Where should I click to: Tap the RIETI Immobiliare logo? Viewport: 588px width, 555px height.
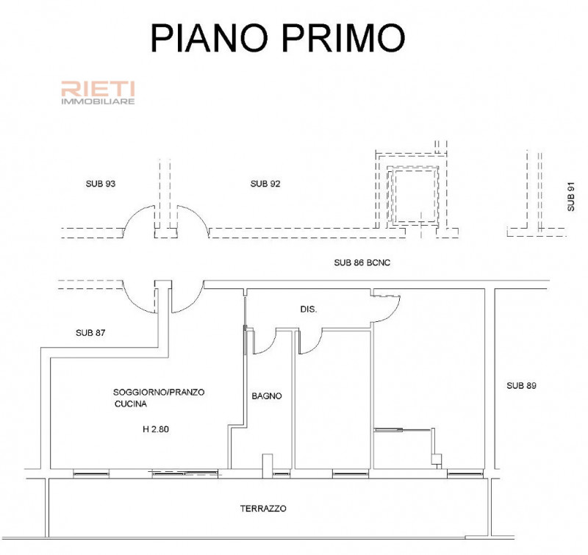97,93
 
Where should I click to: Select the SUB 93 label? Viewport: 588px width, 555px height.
101,184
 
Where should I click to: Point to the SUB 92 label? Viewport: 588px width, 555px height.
266,184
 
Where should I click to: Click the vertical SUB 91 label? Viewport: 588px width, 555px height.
570,196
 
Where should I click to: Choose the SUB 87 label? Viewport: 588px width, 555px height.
91,333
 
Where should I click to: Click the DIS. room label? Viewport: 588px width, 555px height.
309,309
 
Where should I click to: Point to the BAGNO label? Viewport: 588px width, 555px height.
267,395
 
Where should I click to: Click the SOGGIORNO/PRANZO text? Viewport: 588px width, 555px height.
159,393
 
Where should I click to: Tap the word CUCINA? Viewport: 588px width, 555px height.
131,405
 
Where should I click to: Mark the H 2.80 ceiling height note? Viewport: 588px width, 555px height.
156,430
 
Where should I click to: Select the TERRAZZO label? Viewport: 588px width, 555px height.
263,509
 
